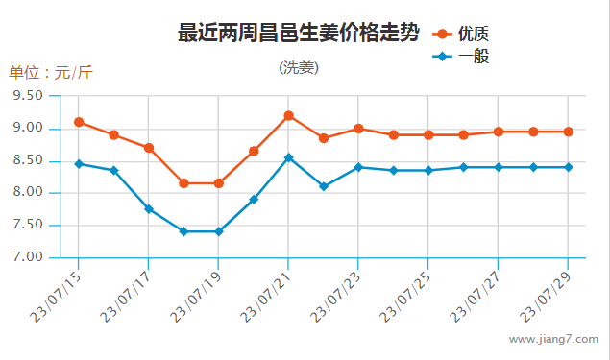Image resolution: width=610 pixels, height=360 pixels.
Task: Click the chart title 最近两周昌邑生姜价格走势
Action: point(298,34)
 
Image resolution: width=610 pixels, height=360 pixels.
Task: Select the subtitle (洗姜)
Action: point(299,67)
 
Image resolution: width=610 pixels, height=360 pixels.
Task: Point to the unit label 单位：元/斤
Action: point(51,73)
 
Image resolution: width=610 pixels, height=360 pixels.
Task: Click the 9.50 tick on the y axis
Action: point(29,96)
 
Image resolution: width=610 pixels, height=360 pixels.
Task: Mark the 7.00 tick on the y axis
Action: point(29,257)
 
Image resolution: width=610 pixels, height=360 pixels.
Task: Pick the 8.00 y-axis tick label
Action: point(29,193)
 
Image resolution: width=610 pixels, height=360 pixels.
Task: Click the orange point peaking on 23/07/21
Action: point(288,115)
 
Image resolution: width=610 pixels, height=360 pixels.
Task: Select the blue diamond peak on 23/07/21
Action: point(288,157)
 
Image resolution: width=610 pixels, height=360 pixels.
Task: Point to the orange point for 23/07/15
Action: point(79,122)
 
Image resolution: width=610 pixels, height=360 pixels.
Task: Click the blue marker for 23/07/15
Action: point(79,164)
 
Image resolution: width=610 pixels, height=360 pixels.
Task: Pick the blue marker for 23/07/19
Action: point(219,231)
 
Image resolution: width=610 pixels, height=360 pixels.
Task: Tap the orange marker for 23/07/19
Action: point(219,183)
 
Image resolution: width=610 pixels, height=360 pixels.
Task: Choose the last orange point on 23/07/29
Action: point(568,132)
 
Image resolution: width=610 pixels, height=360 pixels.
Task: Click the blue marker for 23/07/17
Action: point(149,209)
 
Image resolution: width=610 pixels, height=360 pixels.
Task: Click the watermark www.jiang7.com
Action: point(553,339)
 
